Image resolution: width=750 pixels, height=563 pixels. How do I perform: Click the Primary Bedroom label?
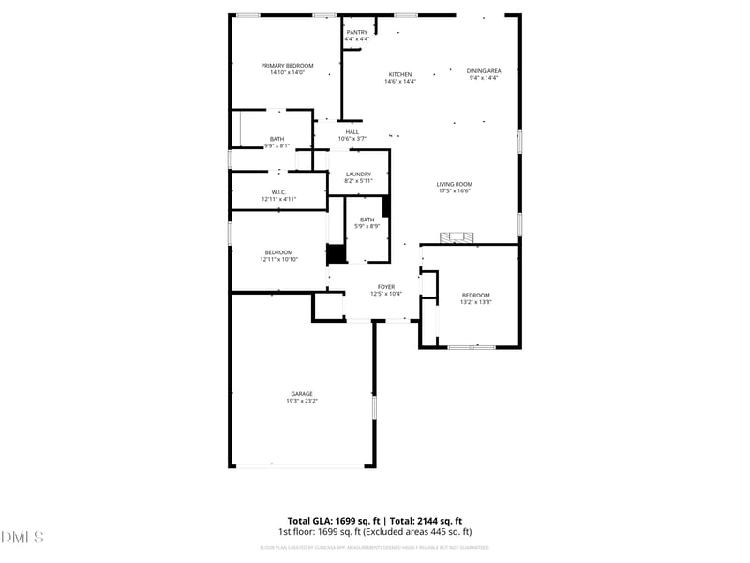(287, 65)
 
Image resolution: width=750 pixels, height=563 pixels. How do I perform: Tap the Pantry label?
(357, 32)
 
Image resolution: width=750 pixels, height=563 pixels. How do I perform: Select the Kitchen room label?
(400, 74)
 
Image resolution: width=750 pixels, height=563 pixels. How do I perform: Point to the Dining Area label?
(484, 70)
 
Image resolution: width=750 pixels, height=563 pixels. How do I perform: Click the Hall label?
(352, 131)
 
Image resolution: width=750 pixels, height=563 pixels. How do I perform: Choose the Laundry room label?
(358, 174)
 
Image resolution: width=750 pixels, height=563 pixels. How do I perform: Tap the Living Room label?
(455, 184)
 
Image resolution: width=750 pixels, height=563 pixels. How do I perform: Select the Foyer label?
(386, 287)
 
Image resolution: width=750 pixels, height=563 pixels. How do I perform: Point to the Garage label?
(302, 394)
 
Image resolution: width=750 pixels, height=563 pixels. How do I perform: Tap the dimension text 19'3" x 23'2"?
(302, 402)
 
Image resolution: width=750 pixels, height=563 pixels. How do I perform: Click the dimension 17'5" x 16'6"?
(455, 190)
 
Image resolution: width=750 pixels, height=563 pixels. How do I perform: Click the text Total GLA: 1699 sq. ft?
(334, 521)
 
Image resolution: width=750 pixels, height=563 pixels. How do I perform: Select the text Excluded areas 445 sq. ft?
(418, 532)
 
